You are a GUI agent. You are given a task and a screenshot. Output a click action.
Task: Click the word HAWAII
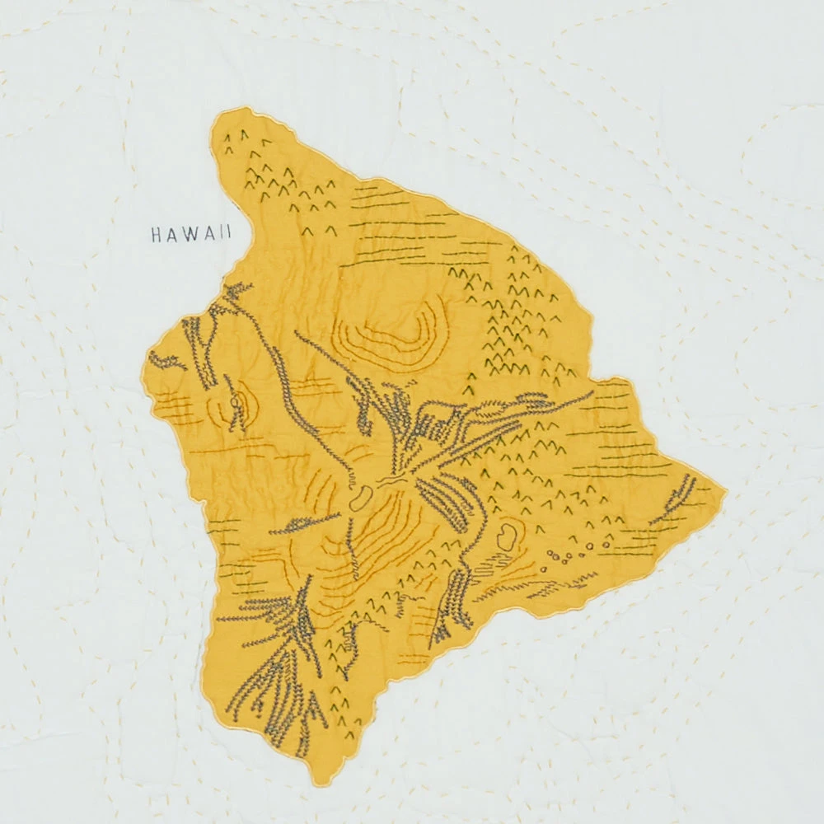click(191, 235)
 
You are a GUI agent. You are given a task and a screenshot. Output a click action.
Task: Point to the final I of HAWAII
click(228, 235)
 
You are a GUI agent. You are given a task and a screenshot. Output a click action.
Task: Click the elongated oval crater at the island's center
click(361, 498)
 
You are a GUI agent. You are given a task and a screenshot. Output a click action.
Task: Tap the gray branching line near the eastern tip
click(676, 499)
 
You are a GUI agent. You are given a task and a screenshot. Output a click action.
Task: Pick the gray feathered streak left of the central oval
click(305, 521)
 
